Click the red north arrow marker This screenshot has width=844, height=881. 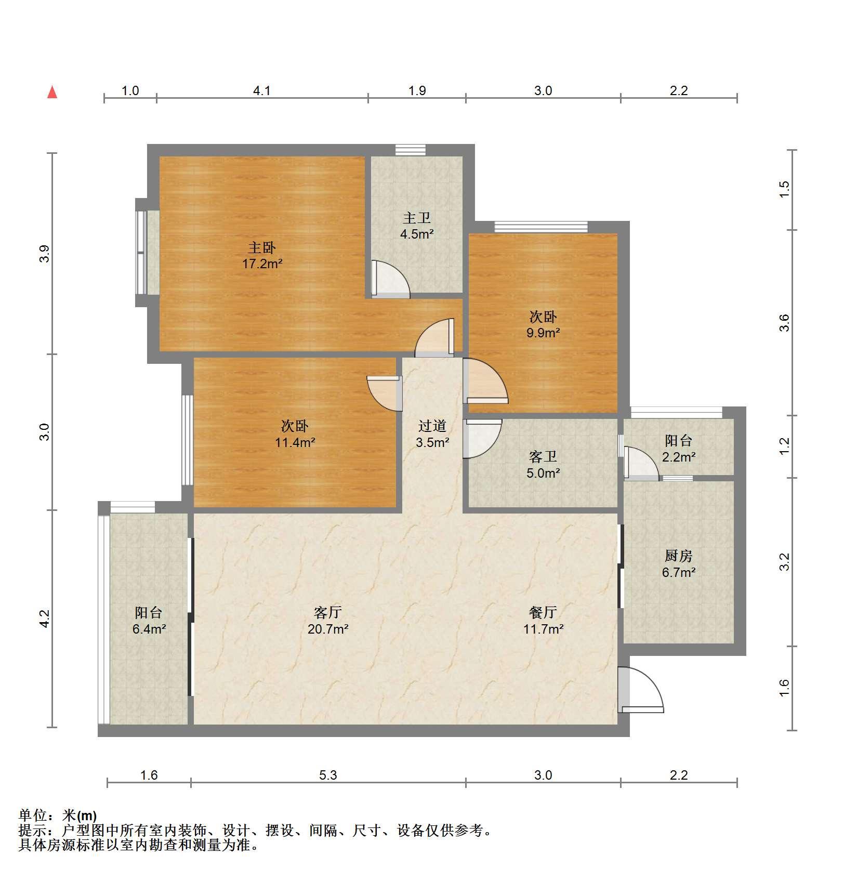[x=52, y=92]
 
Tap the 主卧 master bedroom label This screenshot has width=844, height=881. [x=262, y=247]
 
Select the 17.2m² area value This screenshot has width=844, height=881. [x=262, y=264]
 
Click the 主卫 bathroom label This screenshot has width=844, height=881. [x=417, y=218]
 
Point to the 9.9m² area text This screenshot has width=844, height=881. [x=543, y=333]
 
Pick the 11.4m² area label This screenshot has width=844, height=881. [x=295, y=443]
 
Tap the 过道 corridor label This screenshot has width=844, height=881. [x=432, y=426]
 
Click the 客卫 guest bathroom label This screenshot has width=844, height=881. [x=543, y=457]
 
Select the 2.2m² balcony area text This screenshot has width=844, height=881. [x=679, y=457]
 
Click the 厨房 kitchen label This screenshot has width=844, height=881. [x=679, y=556]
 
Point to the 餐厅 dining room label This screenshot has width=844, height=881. [x=543, y=612]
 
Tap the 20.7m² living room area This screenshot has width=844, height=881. [x=328, y=629]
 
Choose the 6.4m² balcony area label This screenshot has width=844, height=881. [x=149, y=629]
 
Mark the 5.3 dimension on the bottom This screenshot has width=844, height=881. [x=328, y=775]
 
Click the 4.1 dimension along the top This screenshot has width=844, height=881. [x=262, y=91]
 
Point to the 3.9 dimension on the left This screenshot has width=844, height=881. [x=45, y=253]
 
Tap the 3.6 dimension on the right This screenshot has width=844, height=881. [x=784, y=323]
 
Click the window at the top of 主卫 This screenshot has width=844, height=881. [x=411, y=150]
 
